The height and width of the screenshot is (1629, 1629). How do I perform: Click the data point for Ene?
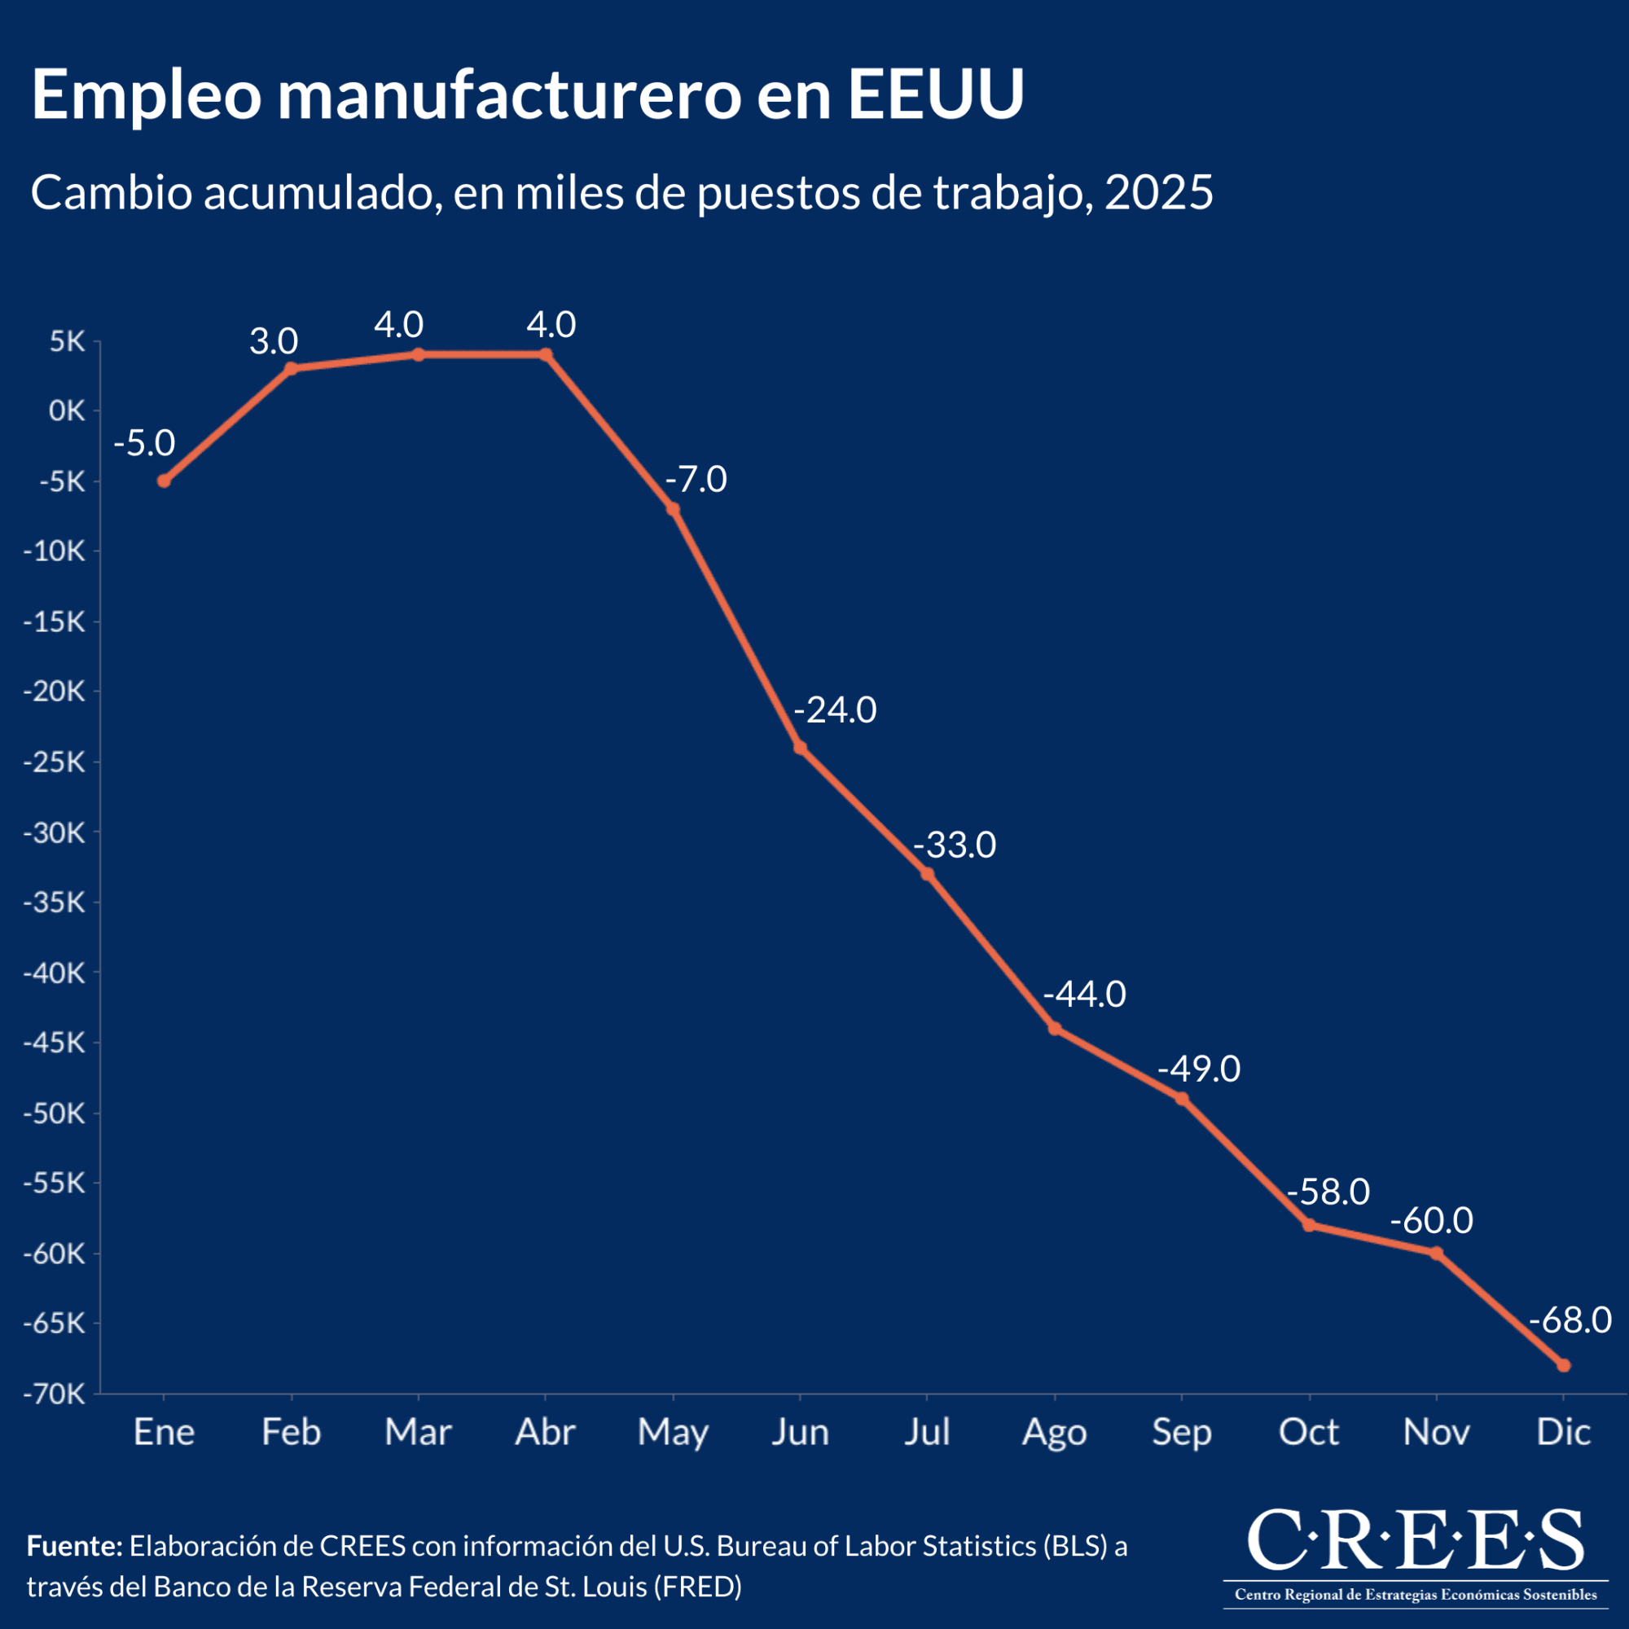tap(164, 481)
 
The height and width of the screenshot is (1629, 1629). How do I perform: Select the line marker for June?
tap(800, 748)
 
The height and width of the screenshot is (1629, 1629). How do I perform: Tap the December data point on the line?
tap(1563, 1365)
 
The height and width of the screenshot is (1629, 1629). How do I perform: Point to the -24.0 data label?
tap(835, 711)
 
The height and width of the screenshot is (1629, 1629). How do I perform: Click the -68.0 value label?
tap(1570, 1320)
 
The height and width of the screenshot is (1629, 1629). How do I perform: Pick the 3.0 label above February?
tap(273, 341)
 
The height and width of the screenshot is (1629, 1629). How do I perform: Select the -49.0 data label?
tap(1198, 1069)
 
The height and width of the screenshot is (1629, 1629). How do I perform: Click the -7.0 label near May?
tap(696, 480)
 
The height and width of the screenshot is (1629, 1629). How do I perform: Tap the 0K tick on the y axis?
tap(67, 411)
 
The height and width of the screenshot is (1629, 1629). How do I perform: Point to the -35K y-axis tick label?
tap(55, 903)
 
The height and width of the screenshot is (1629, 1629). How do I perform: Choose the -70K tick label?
tap(55, 1394)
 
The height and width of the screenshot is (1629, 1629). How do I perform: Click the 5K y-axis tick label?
tap(67, 341)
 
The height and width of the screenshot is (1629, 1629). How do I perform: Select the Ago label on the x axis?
tap(1054, 1433)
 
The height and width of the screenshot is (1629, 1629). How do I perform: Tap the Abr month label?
tap(545, 1433)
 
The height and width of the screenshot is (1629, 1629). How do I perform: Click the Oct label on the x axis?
tap(1309, 1433)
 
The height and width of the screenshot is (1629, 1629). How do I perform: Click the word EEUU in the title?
tap(935, 94)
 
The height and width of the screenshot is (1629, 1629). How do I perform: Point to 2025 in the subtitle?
tap(1158, 193)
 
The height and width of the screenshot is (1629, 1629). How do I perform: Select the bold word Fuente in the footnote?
tap(75, 1546)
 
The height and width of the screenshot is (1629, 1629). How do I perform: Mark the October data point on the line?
tap(1309, 1225)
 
